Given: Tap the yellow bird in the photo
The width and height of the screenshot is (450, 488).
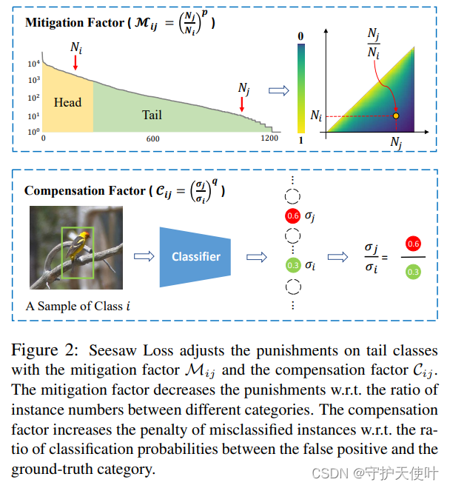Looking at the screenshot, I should pos(75,247).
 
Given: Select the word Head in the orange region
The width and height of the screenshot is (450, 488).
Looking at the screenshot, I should pos(67,102).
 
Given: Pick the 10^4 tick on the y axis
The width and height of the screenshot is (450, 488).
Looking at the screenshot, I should pos(32,63).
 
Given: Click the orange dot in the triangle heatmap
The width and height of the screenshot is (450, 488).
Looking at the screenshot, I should pos(396,116).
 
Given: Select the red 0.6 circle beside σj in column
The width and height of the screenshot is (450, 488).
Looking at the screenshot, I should pos(292,217).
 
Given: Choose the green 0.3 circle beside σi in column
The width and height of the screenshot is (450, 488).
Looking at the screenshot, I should pos(292,264).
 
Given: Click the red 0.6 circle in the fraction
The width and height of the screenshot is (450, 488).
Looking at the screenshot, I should pos(413,244).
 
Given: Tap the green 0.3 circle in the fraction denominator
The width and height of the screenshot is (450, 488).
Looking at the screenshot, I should pos(413,272).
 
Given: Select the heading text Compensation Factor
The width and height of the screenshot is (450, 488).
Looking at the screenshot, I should pos(84,190).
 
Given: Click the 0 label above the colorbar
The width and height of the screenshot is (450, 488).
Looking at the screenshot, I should pos(300,36).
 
